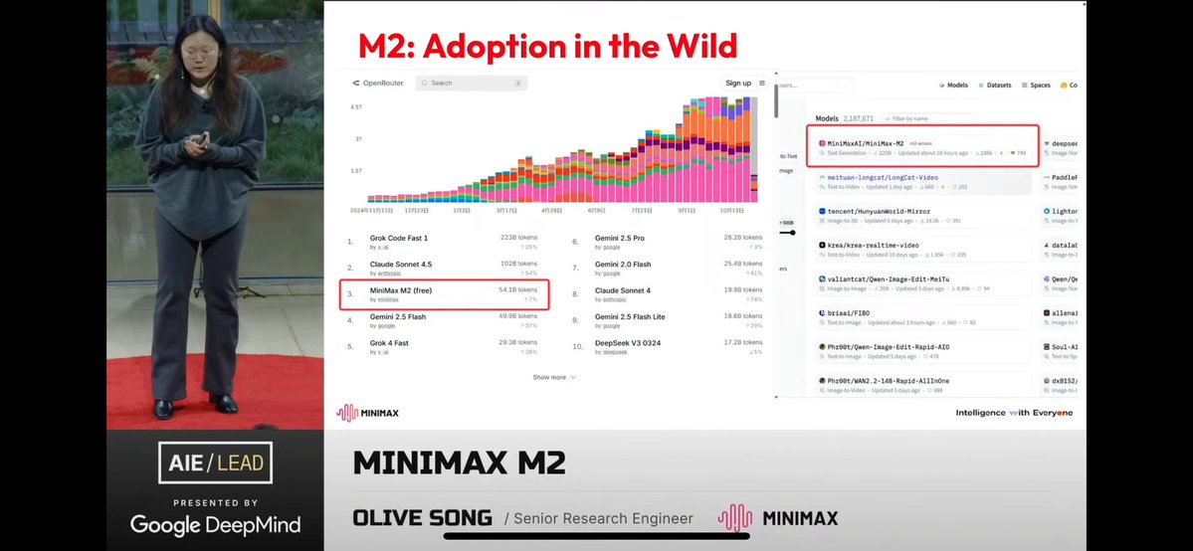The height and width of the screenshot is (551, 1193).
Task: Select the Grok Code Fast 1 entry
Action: (399, 239)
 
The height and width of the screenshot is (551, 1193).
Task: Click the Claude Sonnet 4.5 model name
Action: (401, 266)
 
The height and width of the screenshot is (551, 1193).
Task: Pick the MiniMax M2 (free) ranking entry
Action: (401, 290)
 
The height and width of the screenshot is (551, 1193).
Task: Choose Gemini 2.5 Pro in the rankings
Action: (620, 239)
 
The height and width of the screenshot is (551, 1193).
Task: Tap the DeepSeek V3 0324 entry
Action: (628, 343)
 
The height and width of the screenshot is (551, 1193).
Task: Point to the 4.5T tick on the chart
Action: (355, 105)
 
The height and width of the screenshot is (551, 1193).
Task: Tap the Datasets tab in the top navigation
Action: (995, 86)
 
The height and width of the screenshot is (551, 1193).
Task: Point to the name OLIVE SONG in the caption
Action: (423, 517)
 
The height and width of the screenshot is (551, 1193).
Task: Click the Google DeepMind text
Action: (215, 524)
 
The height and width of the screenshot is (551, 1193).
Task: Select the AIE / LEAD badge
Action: (215, 463)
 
